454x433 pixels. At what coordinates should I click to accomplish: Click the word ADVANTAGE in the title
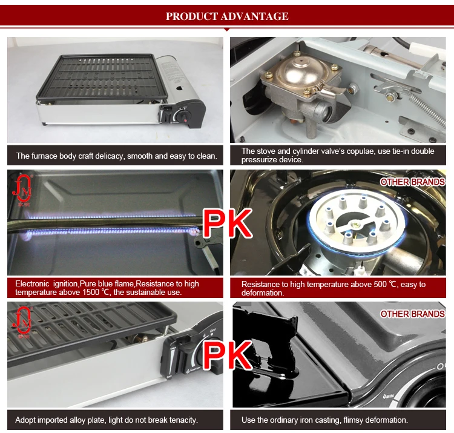(253, 16)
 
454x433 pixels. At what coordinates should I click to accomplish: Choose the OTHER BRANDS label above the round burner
(412, 181)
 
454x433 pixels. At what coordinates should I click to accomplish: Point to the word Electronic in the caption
(35, 283)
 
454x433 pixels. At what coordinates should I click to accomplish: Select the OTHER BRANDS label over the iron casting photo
(412, 314)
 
